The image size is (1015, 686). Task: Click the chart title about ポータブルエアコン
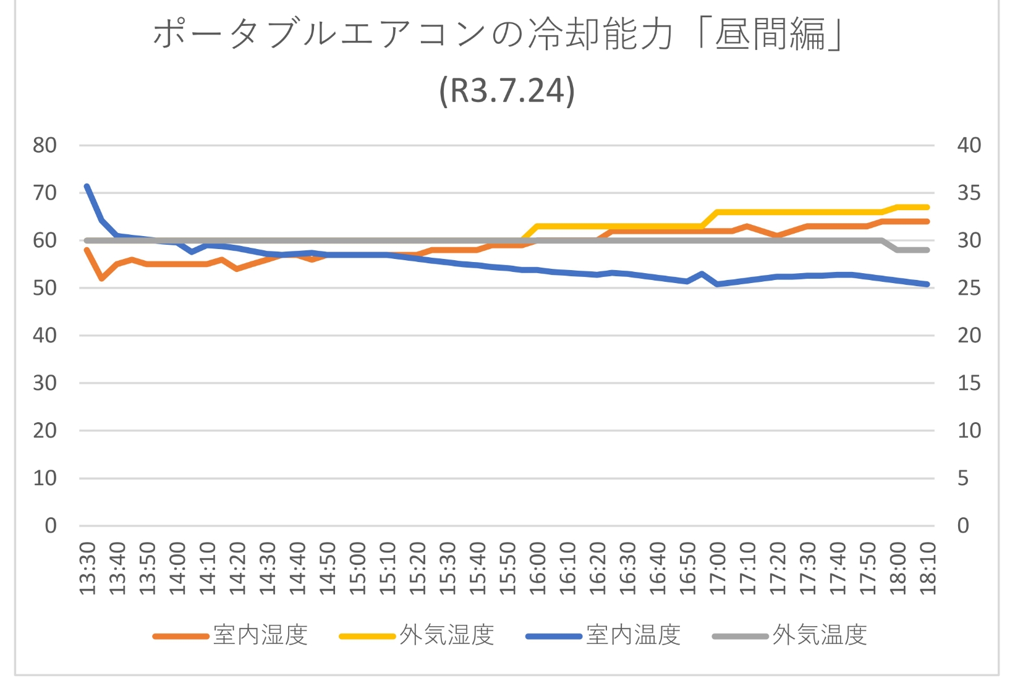click(x=498, y=34)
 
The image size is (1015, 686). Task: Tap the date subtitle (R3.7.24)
click(x=507, y=91)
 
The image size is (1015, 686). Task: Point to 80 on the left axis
click(x=45, y=145)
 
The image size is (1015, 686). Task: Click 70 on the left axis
click(x=45, y=193)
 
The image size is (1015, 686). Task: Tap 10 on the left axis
click(x=45, y=478)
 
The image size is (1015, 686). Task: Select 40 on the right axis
click(x=969, y=145)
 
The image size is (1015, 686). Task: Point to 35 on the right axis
click(x=969, y=193)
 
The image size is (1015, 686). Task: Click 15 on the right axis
click(x=969, y=383)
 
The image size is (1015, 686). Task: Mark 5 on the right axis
click(x=963, y=478)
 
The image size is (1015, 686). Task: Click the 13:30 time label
click(x=88, y=568)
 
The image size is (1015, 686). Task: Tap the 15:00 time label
click(x=358, y=568)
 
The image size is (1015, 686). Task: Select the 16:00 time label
click(x=538, y=568)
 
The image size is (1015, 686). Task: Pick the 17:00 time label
click(x=718, y=568)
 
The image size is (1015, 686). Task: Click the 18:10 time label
click(x=928, y=568)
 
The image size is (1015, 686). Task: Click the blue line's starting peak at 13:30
click(x=87, y=186)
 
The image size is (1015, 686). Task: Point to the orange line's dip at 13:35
click(x=102, y=279)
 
